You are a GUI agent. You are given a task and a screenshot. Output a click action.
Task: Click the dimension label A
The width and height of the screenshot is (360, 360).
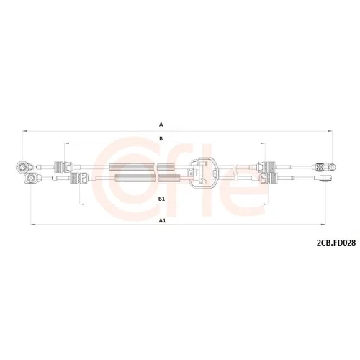pos(161,125)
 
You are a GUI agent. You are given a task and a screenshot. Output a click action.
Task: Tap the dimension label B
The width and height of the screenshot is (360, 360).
pos(161,138)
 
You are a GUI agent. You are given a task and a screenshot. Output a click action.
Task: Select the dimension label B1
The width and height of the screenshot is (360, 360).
pos(161,199)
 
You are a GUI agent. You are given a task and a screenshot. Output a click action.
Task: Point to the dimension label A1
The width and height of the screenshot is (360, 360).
pos(163,220)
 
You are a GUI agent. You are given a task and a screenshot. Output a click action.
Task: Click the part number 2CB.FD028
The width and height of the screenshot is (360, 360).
pos(336,243)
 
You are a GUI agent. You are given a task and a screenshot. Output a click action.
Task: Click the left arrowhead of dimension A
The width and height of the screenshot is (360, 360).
pos(24,131)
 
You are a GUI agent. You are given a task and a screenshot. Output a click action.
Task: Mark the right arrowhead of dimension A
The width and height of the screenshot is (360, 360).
pos(330,131)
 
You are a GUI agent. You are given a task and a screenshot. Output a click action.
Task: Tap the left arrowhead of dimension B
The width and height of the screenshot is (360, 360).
pos(67,143)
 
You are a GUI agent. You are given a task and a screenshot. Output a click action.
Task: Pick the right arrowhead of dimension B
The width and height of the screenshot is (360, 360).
pos(263,143)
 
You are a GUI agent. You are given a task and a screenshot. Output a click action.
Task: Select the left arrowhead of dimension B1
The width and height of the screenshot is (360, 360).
pos(82,204)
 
